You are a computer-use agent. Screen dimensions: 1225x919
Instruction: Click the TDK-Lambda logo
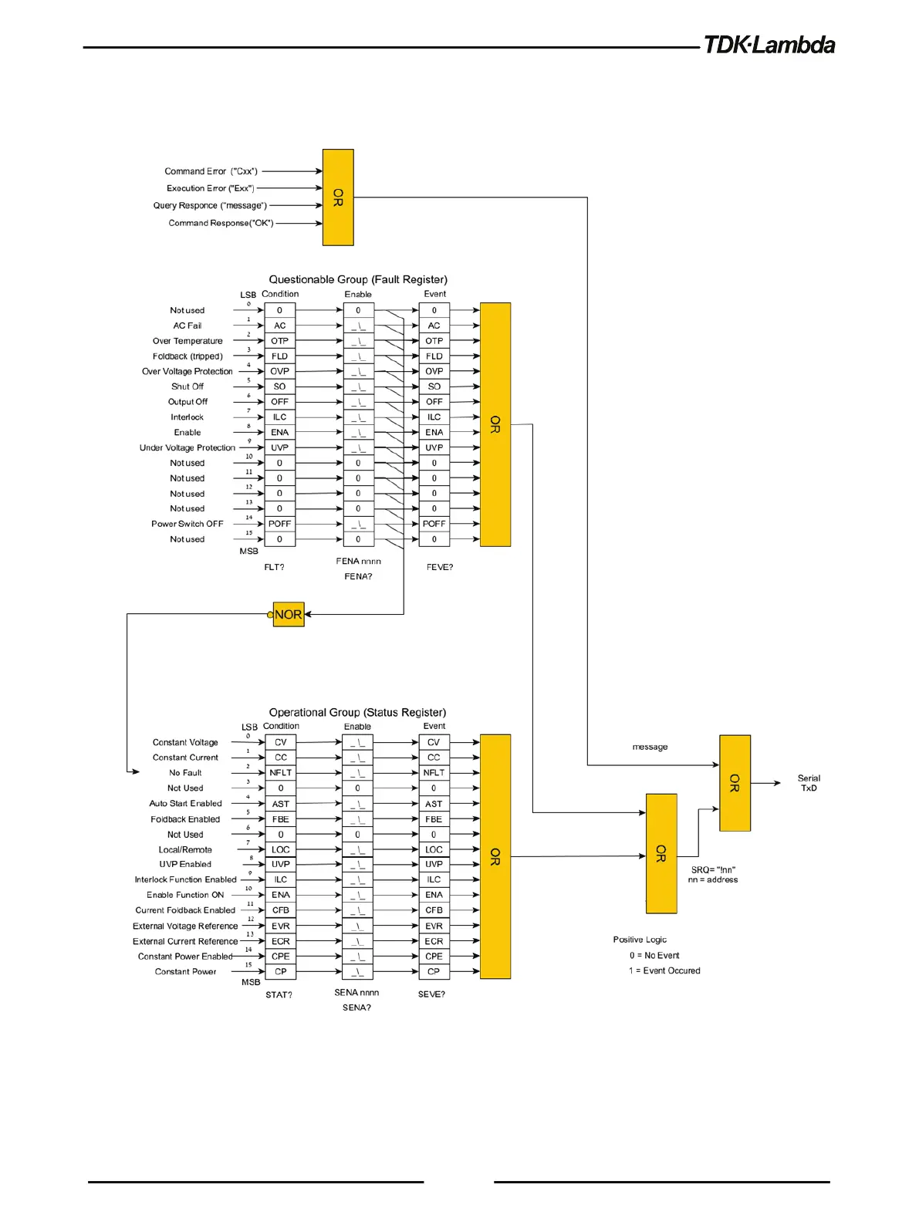pos(769,45)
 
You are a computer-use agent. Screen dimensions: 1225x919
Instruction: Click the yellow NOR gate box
pos(289,615)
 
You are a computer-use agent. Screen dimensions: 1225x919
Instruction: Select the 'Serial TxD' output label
pos(809,783)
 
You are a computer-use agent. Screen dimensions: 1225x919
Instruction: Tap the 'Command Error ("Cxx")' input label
pos(211,171)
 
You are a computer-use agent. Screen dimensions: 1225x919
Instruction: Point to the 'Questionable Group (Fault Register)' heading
pos(358,279)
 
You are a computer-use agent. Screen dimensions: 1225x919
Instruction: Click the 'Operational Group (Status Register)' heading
pos(357,712)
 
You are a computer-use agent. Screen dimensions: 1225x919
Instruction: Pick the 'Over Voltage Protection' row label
pos(188,371)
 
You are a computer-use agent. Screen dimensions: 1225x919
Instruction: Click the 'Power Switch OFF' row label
pos(188,524)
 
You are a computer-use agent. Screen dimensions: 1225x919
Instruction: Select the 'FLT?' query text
pos(274,567)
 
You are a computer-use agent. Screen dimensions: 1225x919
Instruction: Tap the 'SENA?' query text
pos(356,1007)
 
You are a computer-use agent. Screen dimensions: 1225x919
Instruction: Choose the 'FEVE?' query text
pos(440,567)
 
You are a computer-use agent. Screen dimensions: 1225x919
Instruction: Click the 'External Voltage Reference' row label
pos(185,926)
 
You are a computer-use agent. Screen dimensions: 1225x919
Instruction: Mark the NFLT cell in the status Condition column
pos(281,772)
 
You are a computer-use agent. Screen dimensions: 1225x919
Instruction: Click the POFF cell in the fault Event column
pos(434,524)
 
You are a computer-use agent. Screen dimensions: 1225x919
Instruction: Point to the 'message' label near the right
pos(650,747)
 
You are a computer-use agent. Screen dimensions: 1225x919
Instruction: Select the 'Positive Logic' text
pos(640,940)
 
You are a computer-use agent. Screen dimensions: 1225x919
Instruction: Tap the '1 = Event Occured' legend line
pos(664,970)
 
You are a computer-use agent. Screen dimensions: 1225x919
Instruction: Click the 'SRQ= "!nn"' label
pos(713,869)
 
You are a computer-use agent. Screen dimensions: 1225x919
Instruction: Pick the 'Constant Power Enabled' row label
pos(185,957)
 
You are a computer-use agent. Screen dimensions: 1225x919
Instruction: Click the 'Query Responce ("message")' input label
pos(210,205)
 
